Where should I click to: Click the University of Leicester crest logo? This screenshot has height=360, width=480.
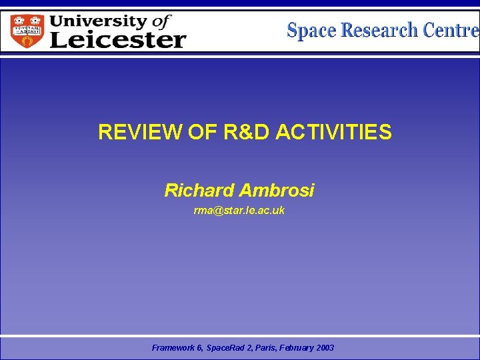click(x=27, y=31)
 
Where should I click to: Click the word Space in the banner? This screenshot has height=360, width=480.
click(x=312, y=31)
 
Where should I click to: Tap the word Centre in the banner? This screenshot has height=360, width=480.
click(x=450, y=31)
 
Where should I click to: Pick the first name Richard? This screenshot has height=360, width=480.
click(x=199, y=191)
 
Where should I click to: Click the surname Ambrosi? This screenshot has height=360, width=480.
click(x=277, y=191)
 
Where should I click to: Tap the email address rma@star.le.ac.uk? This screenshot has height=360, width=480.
click(x=239, y=211)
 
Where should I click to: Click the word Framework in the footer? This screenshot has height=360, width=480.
click(x=173, y=348)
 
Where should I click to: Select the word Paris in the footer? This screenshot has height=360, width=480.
click(x=261, y=348)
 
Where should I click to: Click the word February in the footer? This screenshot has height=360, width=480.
click(x=295, y=348)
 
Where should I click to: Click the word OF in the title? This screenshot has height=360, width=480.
click(x=198, y=133)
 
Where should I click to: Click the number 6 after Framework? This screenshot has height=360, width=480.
click(x=198, y=348)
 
